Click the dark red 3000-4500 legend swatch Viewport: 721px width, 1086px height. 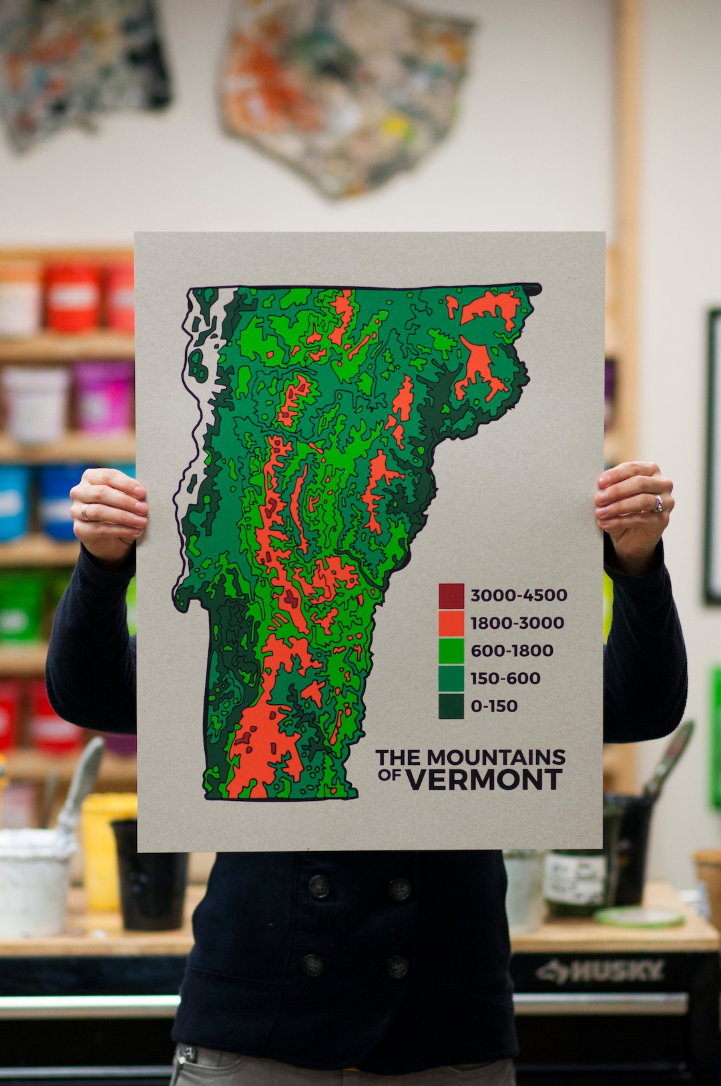tap(451, 595)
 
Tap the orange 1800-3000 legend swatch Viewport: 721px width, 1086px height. tap(451, 623)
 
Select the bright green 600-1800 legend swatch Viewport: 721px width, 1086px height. tap(451, 651)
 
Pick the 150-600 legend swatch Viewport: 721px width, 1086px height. tap(451, 678)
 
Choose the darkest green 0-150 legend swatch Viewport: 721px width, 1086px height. tap(451, 706)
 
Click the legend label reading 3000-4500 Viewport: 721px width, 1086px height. tap(519, 595)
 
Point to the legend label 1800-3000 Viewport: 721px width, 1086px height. tap(517, 623)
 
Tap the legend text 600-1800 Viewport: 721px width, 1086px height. tap(512, 651)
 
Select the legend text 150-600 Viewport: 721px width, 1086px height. tap(505, 679)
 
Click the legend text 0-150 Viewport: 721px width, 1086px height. tap(494, 706)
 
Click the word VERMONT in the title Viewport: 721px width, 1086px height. tap(485, 780)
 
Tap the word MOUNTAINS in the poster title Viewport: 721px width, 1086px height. tap(496, 758)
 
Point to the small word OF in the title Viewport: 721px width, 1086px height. tap(390, 775)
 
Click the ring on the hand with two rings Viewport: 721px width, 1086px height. tap(658, 503)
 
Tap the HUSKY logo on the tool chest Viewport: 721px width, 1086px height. tap(601, 971)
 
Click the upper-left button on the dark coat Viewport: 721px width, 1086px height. tap(318, 886)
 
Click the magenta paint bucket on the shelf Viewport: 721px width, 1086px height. tap(103, 397)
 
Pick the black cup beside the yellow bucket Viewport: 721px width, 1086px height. tap(150, 874)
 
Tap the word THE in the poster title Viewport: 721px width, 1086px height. tap(399, 758)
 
